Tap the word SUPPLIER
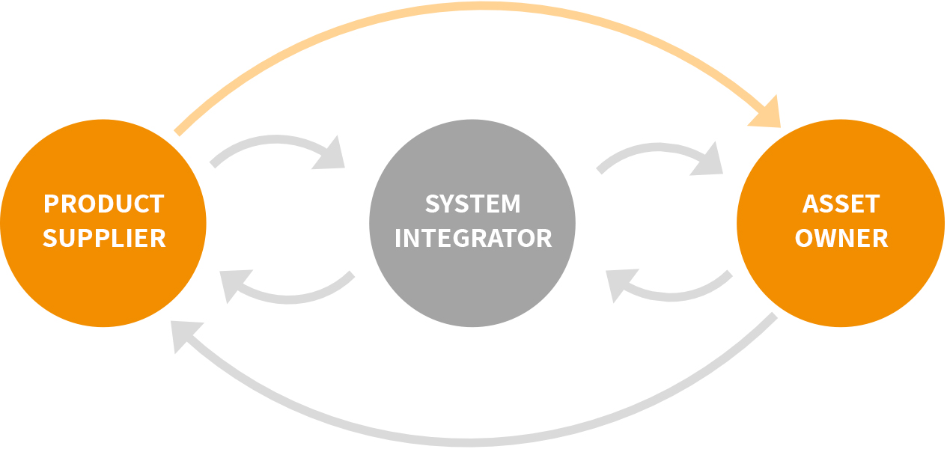point(104,238)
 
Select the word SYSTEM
point(472,204)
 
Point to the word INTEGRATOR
point(472,238)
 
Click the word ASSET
point(841,204)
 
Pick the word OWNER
point(841,238)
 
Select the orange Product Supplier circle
point(103,284)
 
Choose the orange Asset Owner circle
point(841,284)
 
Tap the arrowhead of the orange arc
point(768,114)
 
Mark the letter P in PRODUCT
point(51,204)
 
